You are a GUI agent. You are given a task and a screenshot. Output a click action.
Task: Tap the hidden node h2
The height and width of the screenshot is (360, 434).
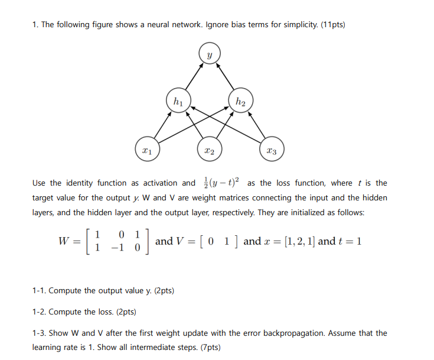coord(240,100)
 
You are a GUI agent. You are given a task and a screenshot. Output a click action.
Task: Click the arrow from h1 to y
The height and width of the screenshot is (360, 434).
coord(192,77)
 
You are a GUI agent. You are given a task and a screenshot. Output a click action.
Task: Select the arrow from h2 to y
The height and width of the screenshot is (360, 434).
coord(225,77)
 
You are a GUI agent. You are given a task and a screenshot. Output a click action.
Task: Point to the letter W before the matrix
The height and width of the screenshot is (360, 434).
coord(64,242)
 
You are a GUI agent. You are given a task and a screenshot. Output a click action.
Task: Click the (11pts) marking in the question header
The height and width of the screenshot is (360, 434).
coord(333,25)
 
